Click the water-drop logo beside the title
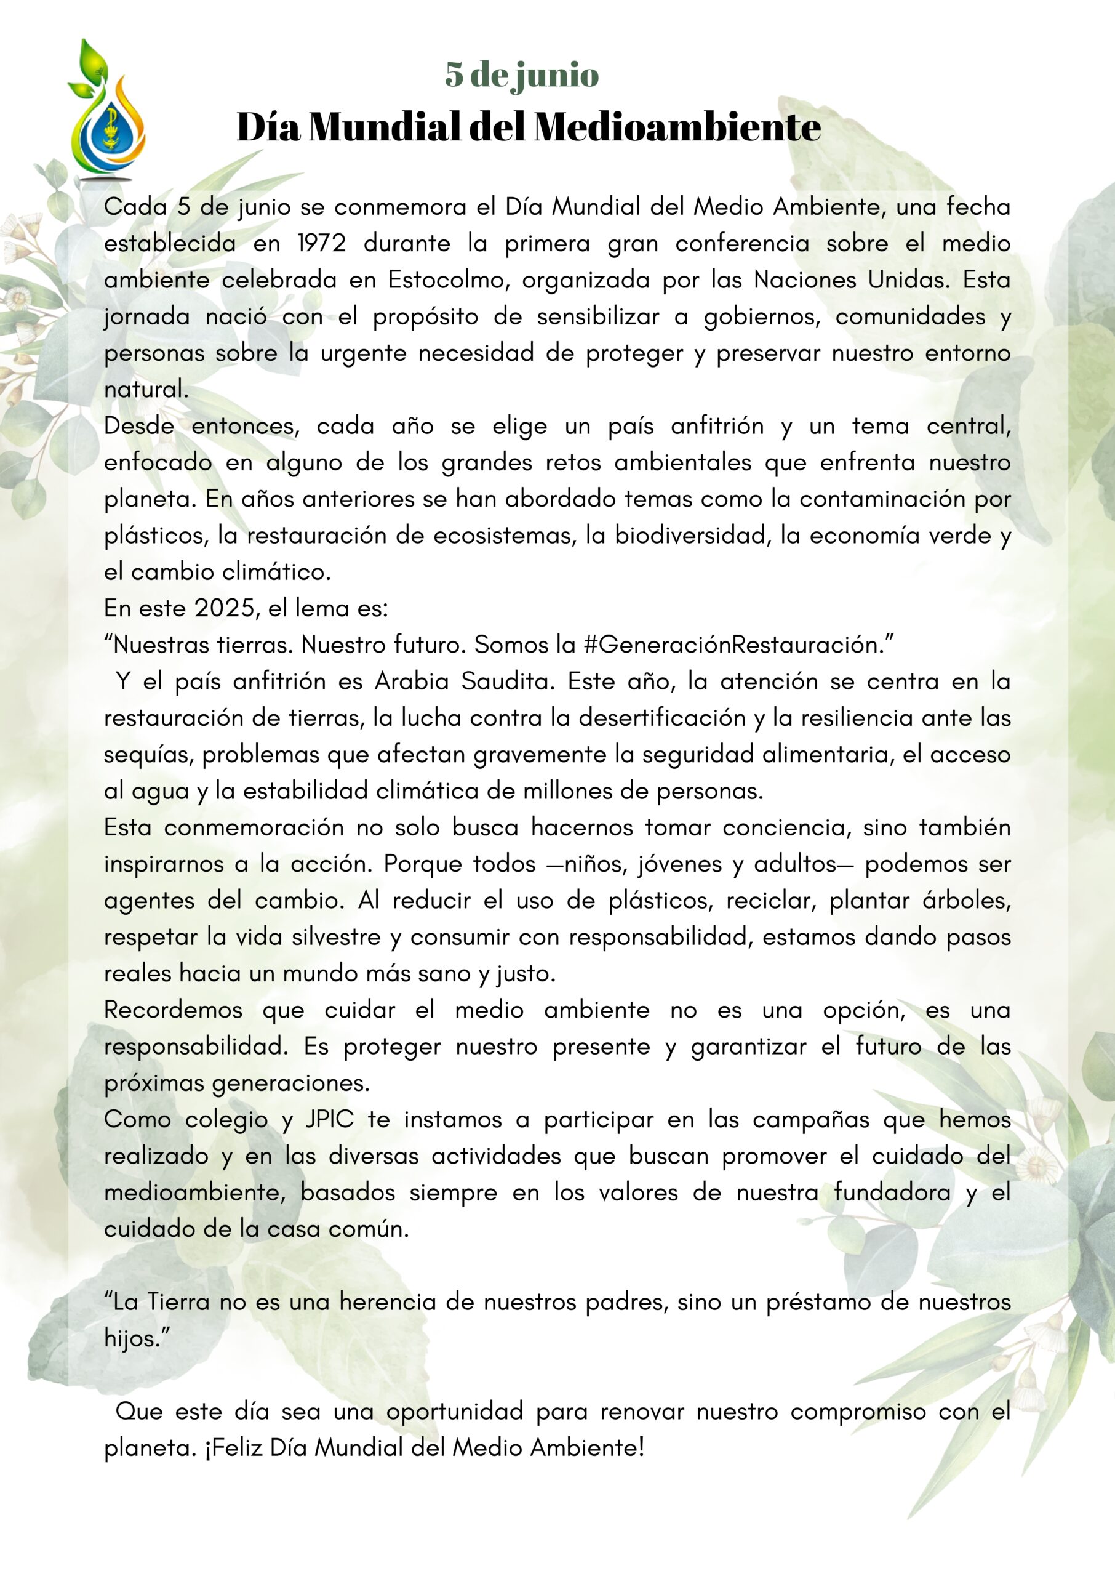click(107, 113)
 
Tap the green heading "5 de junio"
click(522, 74)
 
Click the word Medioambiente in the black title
click(677, 127)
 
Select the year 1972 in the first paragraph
click(322, 243)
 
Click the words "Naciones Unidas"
click(852, 279)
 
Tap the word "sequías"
click(148, 754)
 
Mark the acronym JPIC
click(330, 1119)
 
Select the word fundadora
click(892, 1192)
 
